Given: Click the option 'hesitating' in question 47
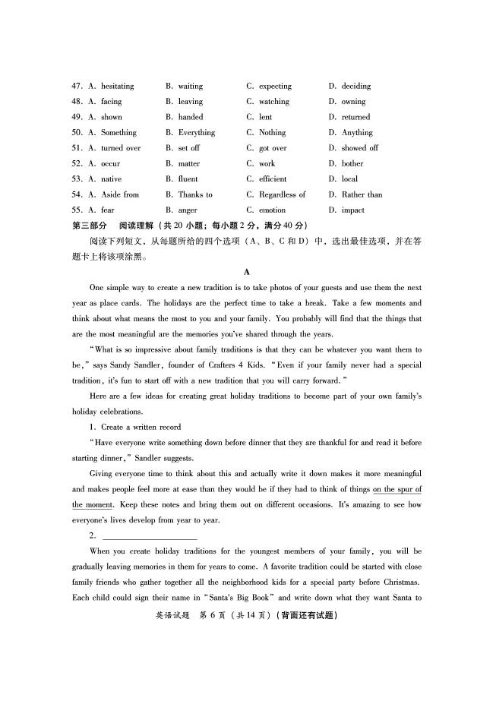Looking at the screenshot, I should pos(117,87).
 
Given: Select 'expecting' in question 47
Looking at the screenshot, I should pos(274,87).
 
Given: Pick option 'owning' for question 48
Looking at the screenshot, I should pos(353,102).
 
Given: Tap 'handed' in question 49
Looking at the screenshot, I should pos(191,118).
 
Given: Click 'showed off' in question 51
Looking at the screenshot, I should pos(359,148).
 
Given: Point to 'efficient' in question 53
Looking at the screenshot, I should pos(273,179).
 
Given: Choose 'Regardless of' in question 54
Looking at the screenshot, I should pos(282,195).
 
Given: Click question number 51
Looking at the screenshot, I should pos(77,148).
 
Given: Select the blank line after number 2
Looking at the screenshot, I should pos(149,536).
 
